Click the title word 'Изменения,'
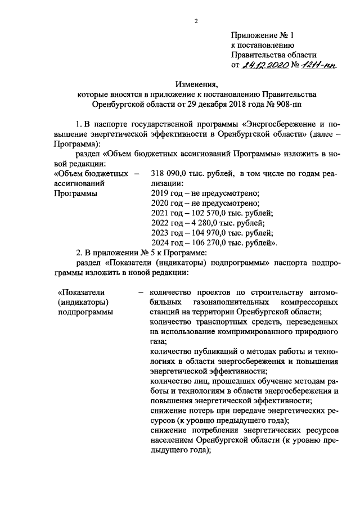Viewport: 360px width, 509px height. click(x=196, y=84)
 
